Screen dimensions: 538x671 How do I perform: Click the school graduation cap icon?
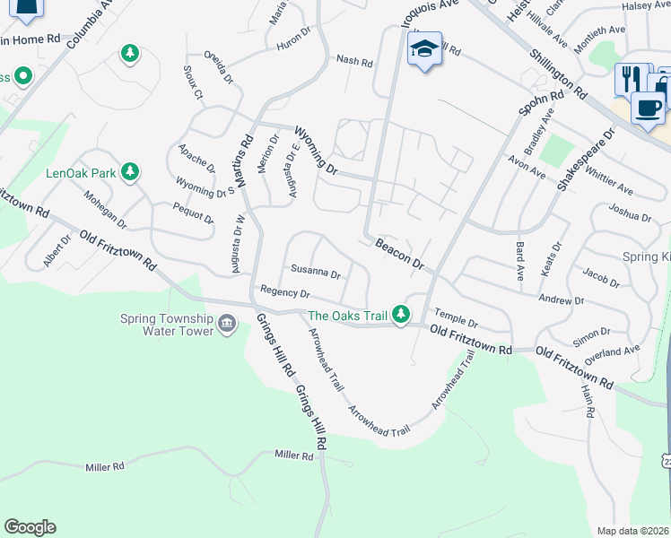coord(424,48)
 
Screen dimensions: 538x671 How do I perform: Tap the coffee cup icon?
coord(648,107)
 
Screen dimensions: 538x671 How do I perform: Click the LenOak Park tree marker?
coord(130,170)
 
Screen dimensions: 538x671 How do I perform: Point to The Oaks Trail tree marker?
coord(402,315)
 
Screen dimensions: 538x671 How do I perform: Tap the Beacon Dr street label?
coord(399,254)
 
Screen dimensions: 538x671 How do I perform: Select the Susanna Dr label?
coord(316,273)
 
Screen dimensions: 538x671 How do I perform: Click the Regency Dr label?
coord(284,292)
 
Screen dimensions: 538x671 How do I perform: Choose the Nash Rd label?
coord(354,61)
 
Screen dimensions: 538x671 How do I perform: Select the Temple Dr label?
coord(457,317)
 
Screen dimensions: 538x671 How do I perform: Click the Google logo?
coord(30,527)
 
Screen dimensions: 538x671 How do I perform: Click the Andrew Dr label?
coord(561,300)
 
